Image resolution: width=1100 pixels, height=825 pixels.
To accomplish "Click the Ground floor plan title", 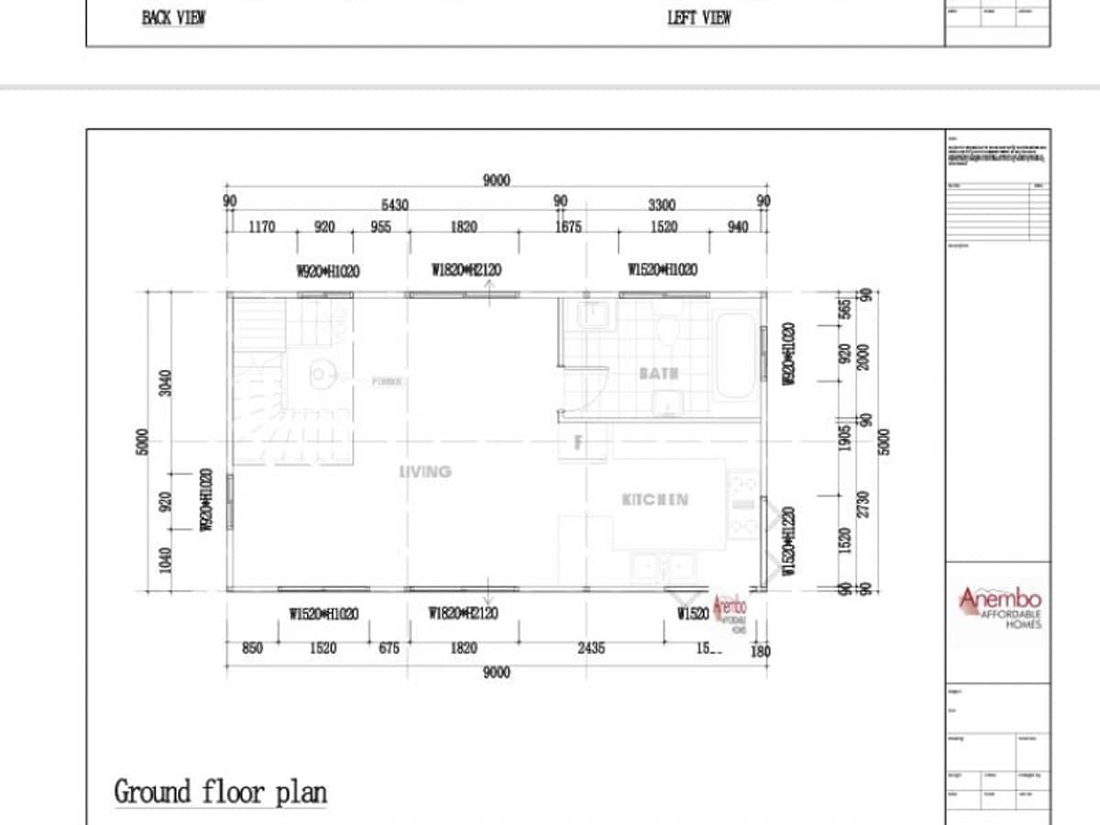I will (220, 791).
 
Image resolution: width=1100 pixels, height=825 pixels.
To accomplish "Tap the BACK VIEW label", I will (173, 18).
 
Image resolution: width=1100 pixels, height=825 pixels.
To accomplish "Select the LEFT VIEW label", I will (698, 18).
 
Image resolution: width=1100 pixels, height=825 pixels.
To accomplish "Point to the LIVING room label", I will (425, 471).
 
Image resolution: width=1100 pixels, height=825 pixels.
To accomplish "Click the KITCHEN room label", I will (654, 500).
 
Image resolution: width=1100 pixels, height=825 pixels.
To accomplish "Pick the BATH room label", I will (659, 374).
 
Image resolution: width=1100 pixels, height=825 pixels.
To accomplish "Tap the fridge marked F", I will (577, 442).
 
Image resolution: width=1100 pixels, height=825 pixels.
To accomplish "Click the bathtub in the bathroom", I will (735, 356).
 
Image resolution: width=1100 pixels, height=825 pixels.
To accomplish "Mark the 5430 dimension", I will (395, 205).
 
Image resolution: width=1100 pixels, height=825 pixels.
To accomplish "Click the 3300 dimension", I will (662, 205).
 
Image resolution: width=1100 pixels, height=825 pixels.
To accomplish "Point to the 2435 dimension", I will (591, 648).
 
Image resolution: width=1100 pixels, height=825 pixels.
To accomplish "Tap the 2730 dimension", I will (863, 503).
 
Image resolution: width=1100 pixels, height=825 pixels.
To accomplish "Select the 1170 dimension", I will (261, 226).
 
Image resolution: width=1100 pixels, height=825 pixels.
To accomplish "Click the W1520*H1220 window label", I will (788, 541).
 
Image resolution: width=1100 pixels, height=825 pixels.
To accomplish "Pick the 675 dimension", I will (389, 648).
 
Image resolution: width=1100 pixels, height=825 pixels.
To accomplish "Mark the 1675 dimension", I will (568, 226).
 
